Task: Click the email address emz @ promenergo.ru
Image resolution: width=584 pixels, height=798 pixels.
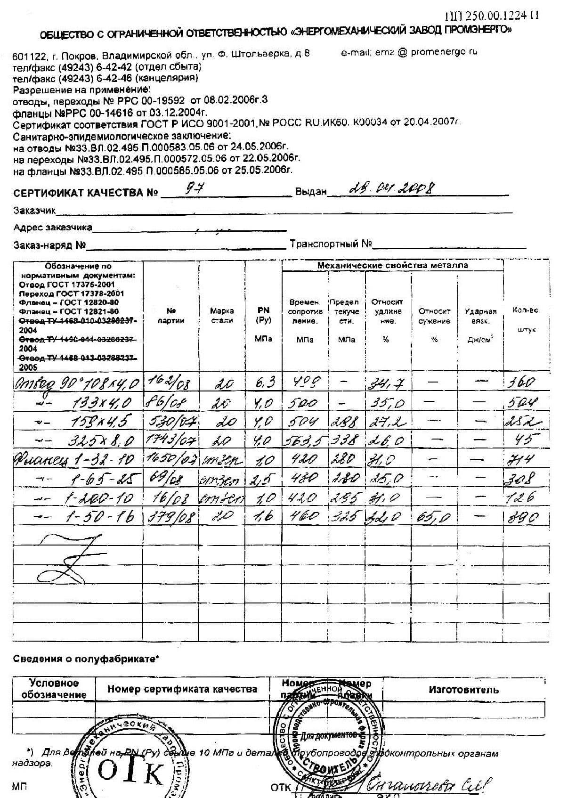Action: coord(409,52)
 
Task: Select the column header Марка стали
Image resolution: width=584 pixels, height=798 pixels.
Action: coord(222,316)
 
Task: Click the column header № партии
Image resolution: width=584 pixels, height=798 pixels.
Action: coord(171,316)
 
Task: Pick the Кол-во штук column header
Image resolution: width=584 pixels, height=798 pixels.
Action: coord(526,319)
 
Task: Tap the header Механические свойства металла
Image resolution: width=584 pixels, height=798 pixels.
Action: coord(392,265)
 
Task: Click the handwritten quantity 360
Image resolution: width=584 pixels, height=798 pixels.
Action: coord(521,382)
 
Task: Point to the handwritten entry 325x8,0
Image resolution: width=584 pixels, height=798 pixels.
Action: coord(101,441)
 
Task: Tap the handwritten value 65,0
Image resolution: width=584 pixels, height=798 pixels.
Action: coord(433,518)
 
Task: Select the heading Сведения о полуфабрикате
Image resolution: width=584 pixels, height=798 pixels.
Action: coord(86,659)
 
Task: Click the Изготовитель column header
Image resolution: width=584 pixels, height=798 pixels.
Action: coord(463,690)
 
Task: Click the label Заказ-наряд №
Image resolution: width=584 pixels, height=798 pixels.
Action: coord(49,245)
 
